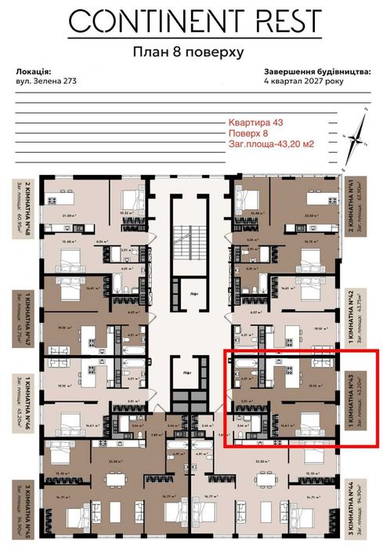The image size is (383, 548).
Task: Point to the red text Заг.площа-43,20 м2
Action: point(269,143)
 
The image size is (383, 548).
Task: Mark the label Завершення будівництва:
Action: point(317,70)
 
